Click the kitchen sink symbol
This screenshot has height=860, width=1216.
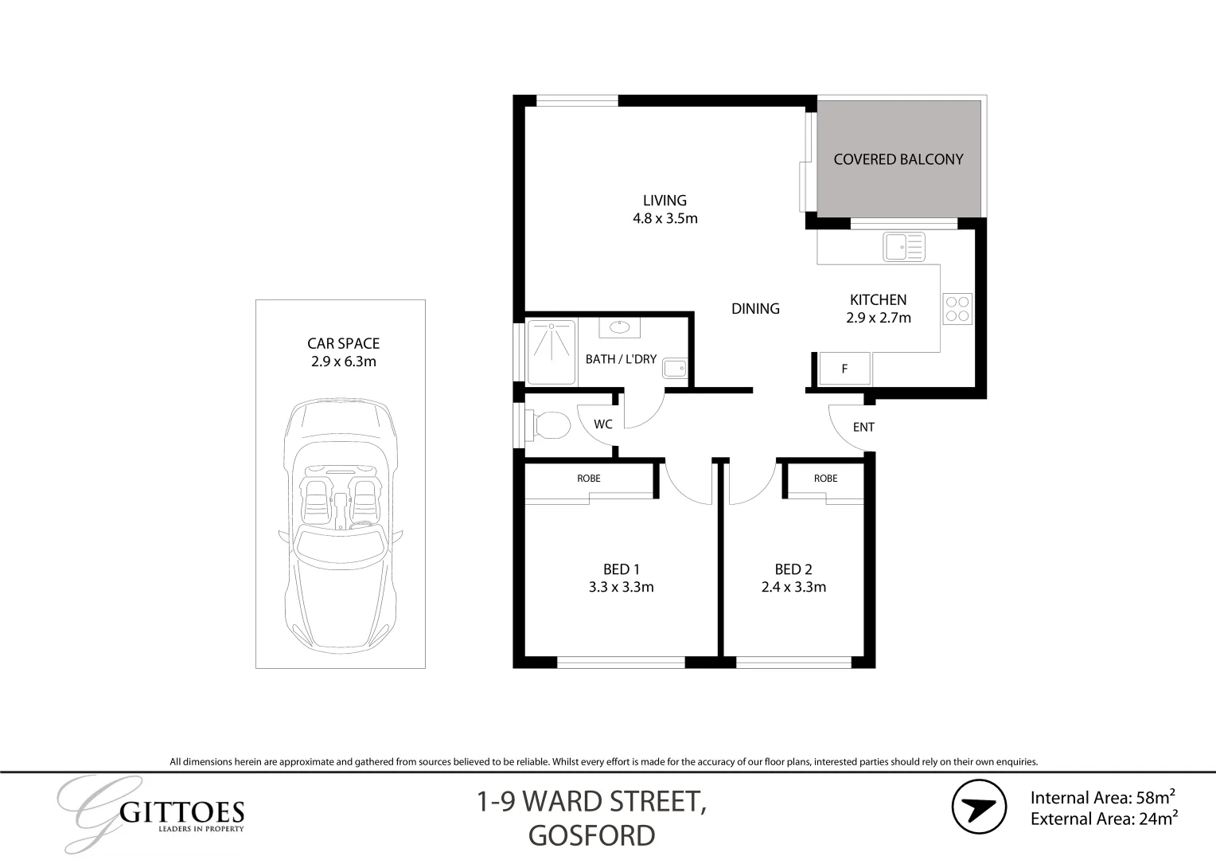(903, 247)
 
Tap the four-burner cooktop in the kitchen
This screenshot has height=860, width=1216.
(957, 309)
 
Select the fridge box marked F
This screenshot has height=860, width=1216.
(844, 369)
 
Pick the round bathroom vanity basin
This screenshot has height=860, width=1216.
(620, 326)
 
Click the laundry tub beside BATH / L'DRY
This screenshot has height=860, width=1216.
(673, 369)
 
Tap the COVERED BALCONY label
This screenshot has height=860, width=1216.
(898, 159)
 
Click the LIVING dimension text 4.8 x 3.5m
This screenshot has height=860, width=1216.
(665, 218)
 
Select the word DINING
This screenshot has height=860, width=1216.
(755, 309)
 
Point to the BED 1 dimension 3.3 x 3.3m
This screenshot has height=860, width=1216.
(621, 588)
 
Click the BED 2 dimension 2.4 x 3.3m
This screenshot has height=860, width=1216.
(793, 588)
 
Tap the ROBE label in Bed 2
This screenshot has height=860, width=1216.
(825, 479)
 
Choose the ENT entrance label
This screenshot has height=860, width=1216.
(863, 428)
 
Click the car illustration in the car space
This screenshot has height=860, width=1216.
(340, 526)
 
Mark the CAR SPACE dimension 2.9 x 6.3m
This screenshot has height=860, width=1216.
(343, 362)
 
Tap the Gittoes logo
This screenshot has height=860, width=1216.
(151, 812)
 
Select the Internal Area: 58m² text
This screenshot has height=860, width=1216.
(1103, 797)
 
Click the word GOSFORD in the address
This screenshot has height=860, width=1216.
(591, 835)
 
